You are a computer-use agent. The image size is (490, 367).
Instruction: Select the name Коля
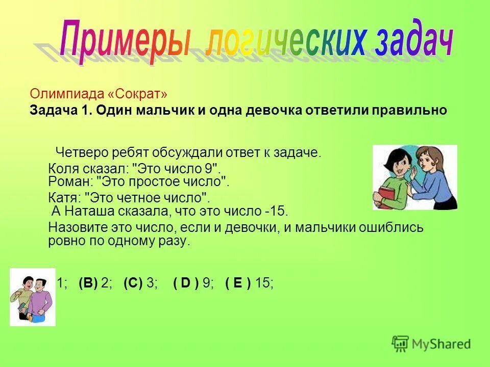[61, 169]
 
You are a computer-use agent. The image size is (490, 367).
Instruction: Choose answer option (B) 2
[95, 284]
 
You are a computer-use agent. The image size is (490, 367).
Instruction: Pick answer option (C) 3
[140, 284]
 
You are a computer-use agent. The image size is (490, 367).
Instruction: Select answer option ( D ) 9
[193, 284]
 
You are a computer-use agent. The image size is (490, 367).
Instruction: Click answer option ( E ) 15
[249, 284]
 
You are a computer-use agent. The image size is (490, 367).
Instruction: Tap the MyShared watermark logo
[431, 344]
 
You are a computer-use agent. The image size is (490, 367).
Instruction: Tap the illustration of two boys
[32, 296]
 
